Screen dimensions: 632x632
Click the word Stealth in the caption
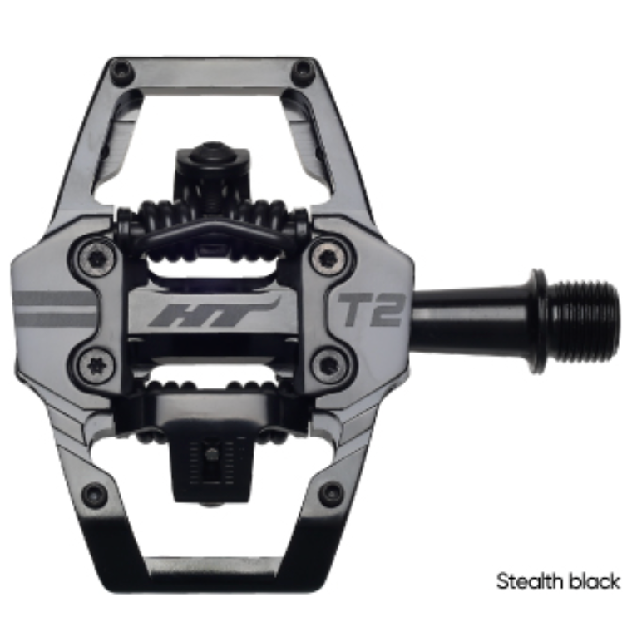[532, 581]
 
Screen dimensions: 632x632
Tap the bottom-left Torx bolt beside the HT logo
[96, 363]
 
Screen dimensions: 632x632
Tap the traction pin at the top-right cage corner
[303, 70]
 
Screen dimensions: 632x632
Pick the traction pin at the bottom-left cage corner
[96, 494]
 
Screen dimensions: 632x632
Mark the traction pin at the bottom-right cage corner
[332, 493]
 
